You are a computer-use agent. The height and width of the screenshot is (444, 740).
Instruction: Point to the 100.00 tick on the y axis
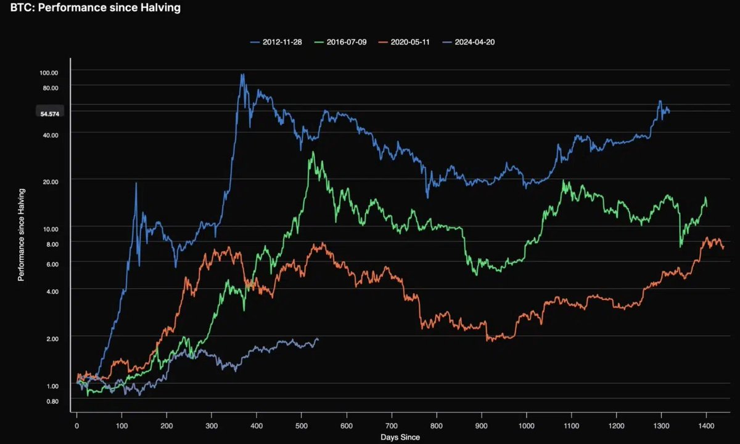[49, 73]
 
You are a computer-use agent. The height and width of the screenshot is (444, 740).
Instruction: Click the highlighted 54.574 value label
[49, 113]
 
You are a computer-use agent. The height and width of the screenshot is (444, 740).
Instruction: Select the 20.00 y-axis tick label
[50, 181]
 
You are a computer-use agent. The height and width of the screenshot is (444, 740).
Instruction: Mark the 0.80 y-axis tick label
[52, 402]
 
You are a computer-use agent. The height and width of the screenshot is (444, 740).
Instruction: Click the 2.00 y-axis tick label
[52, 339]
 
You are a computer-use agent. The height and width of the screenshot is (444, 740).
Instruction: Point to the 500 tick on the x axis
[302, 426]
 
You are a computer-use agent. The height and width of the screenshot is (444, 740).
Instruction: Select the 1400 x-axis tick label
[706, 426]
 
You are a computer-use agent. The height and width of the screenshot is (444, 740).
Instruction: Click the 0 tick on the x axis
[76, 426]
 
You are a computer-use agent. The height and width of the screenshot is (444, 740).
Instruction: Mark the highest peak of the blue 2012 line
[242, 75]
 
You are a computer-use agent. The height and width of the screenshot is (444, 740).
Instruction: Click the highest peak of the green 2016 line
[313, 152]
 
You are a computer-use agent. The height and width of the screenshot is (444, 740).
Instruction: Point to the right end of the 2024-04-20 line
[318, 339]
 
